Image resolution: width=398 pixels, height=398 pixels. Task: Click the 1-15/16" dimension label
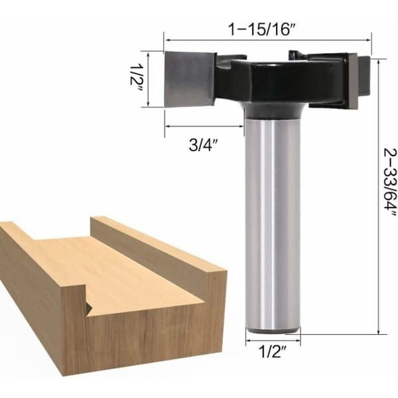coord(263,29)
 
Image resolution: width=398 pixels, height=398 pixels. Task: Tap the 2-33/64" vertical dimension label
coord(389,186)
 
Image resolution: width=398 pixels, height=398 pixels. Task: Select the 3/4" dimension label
coord(204,145)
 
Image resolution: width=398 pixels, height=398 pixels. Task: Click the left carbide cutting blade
coord(189,79)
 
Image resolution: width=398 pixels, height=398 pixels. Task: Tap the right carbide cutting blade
coord(353,81)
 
